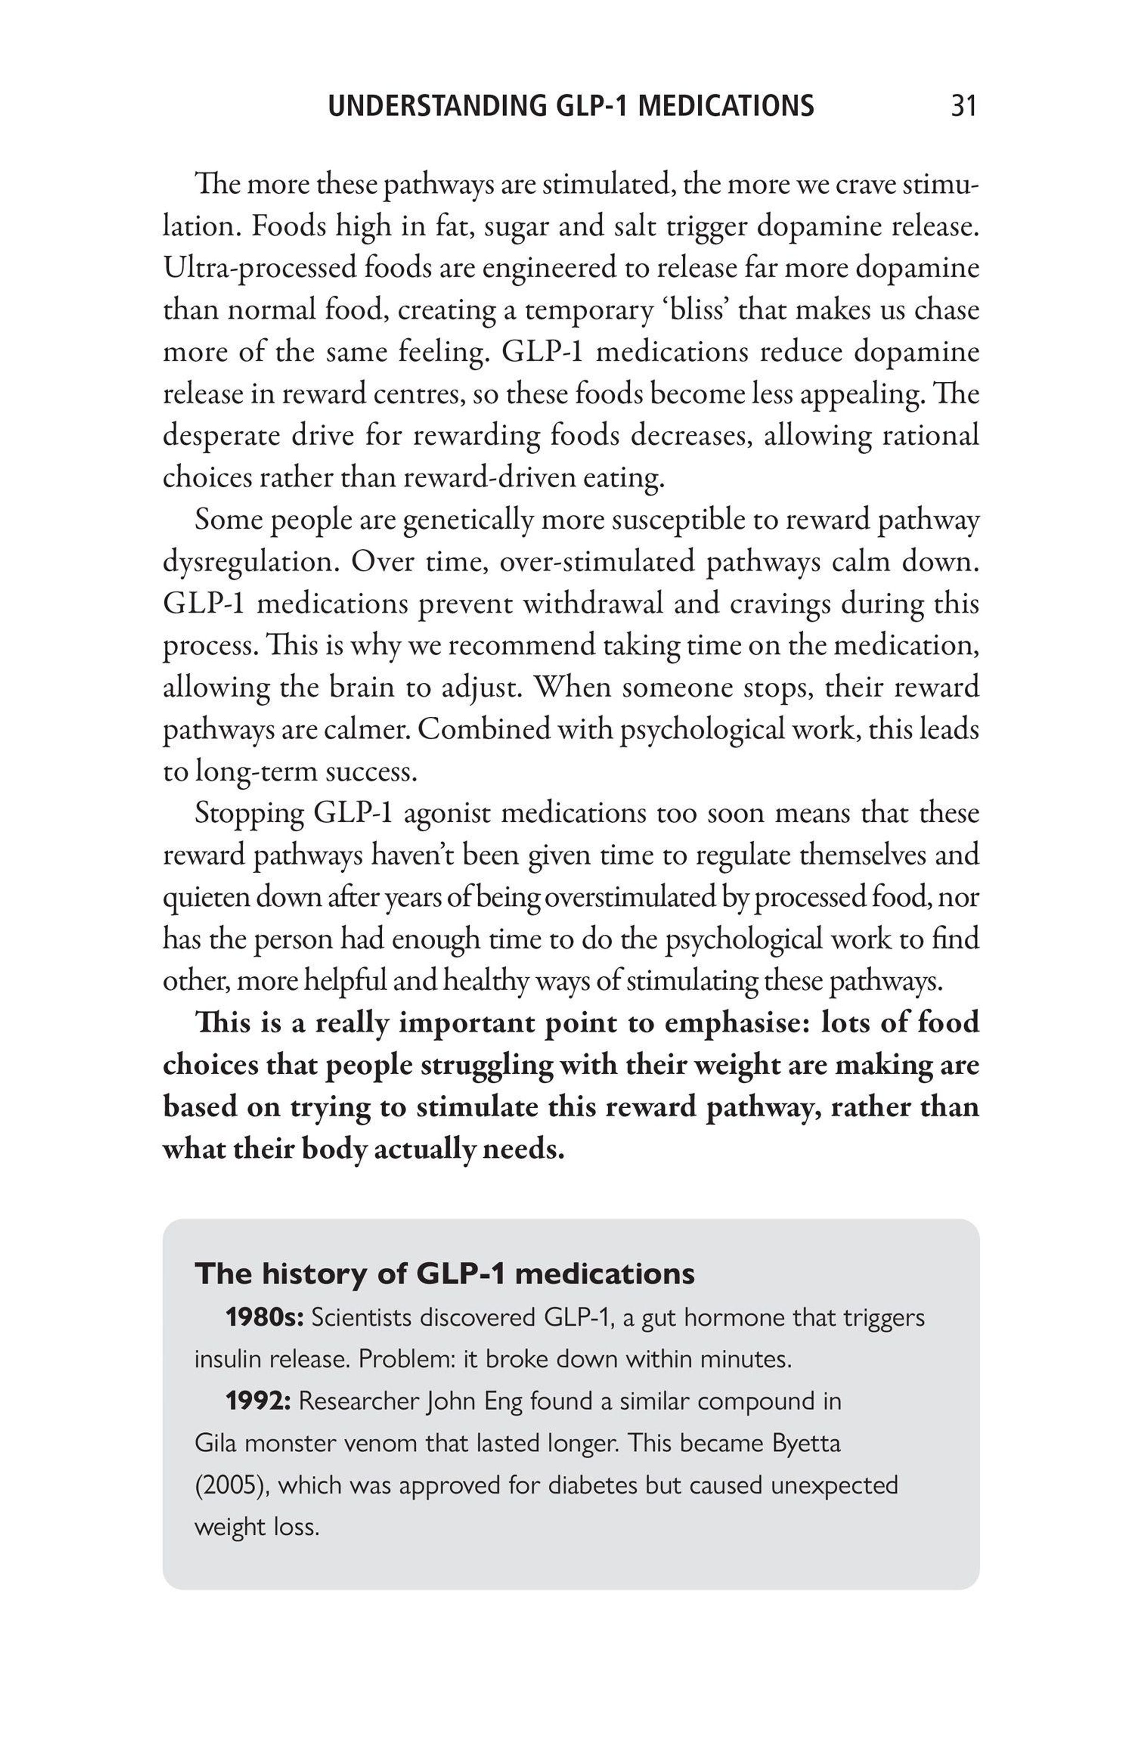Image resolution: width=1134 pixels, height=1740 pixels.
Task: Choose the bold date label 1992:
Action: tap(258, 1401)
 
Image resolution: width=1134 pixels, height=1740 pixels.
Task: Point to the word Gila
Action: tap(215, 1443)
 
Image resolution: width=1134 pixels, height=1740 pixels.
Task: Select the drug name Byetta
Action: tap(807, 1443)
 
